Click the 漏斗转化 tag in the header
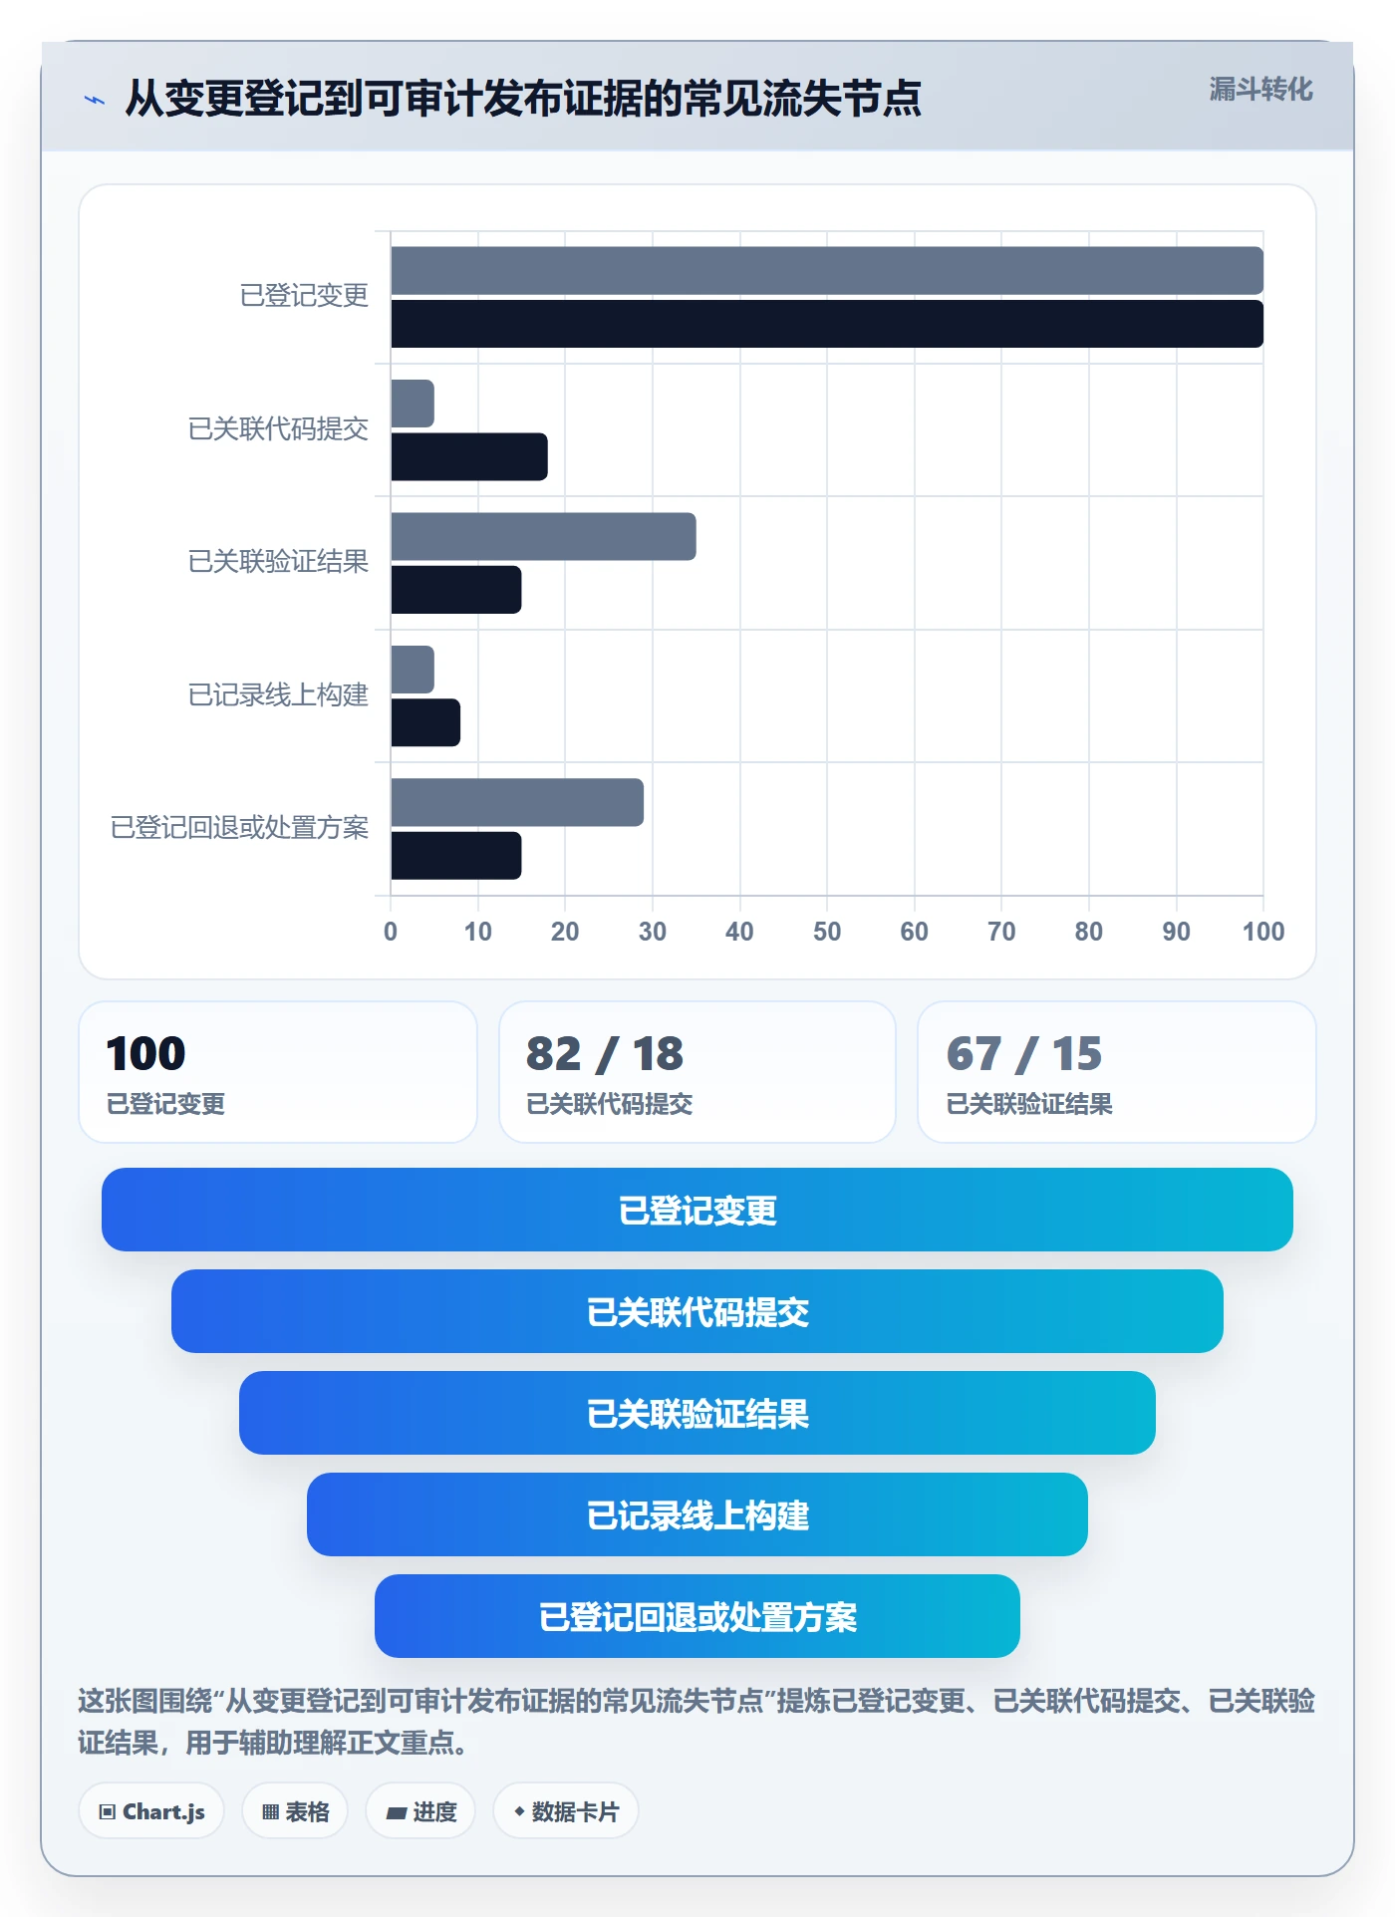(x=1260, y=90)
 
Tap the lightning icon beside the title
(x=95, y=100)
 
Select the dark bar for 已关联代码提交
(x=469, y=456)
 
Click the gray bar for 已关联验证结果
(x=543, y=536)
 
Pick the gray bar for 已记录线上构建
(x=413, y=670)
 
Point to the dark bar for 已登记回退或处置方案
(x=456, y=856)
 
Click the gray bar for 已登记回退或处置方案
(x=517, y=802)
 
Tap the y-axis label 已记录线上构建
(x=278, y=694)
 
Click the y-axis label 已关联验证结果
(x=278, y=561)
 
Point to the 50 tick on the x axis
(x=827, y=932)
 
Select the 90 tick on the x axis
(x=1176, y=932)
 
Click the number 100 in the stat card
(x=145, y=1053)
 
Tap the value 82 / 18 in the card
(x=605, y=1053)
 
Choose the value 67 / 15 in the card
(x=1024, y=1053)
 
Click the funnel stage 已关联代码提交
(x=697, y=1311)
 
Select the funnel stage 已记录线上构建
(x=697, y=1514)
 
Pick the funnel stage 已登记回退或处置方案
(x=697, y=1616)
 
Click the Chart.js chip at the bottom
(x=151, y=1811)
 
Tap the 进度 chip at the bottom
(x=420, y=1811)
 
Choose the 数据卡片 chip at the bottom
(x=566, y=1811)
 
